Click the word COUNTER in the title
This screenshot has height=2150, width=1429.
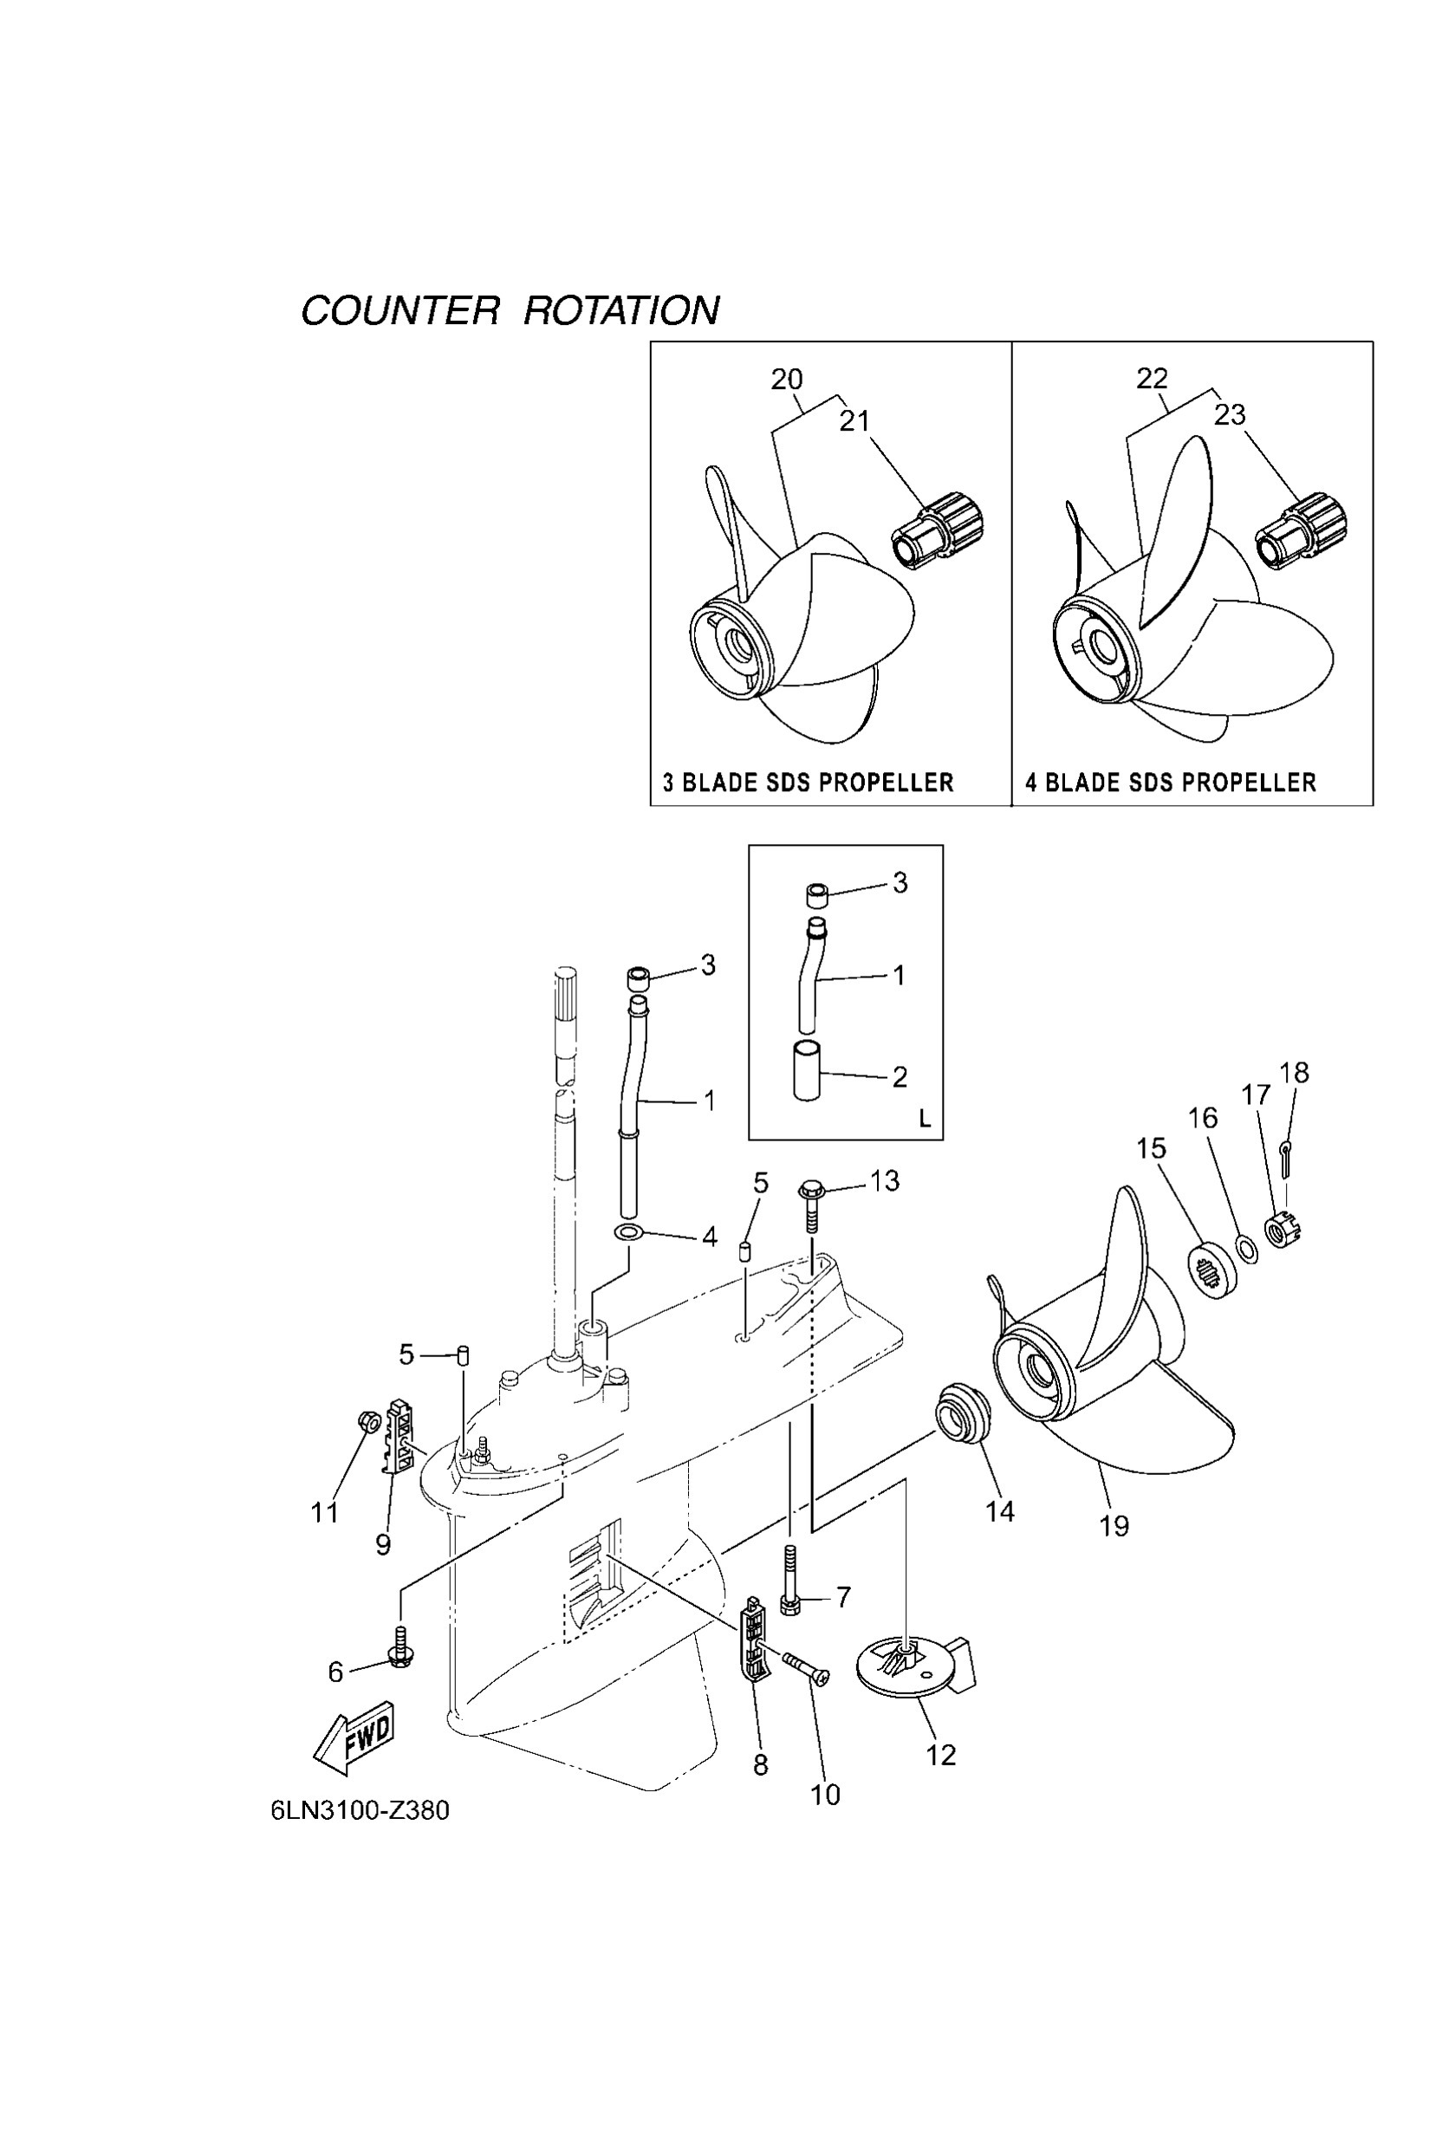point(400,311)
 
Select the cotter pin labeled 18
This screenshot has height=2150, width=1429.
point(1286,1157)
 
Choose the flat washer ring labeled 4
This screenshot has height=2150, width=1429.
point(628,1233)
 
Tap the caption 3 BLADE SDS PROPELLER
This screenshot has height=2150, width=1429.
point(808,782)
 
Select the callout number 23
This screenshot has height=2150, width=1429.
point(1230,415)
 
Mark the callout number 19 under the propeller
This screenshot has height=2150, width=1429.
point(1114,1526)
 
